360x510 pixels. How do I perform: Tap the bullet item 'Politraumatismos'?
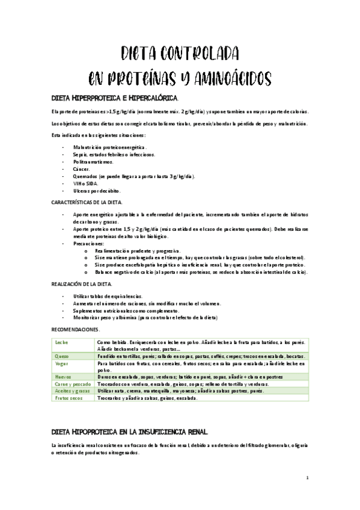point(93,162)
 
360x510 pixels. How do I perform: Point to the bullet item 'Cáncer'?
point(82,169)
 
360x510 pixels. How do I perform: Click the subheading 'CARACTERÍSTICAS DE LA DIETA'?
point(87,203)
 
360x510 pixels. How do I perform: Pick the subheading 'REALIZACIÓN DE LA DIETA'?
point(84,283)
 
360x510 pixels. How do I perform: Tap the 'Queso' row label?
point(62,357)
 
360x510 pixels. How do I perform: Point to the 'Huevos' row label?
point(63,376)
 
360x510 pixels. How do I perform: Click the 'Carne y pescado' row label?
point(70,383)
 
